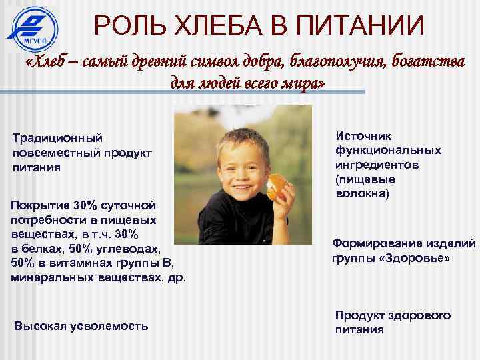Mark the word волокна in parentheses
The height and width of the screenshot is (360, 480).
pyautogui.click(x=361, y=194)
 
